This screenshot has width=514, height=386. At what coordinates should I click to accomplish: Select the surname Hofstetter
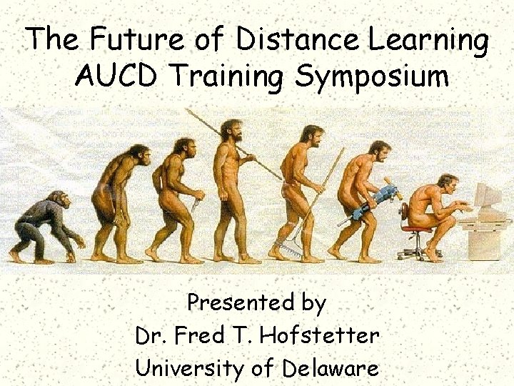[321, 335]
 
